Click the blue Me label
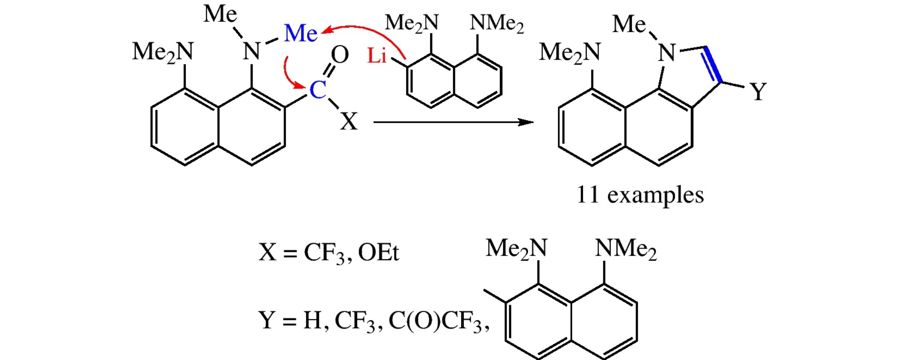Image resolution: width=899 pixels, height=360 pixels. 301,33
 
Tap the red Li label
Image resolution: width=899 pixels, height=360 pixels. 377,56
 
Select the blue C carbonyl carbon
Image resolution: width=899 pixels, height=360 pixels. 318,89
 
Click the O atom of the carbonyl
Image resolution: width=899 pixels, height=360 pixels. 340,54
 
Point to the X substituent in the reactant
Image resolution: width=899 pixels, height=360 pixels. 349,121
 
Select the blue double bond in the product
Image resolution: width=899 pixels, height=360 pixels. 713,65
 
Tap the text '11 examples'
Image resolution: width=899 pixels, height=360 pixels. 640,195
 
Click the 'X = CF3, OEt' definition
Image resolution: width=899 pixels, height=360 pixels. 329,253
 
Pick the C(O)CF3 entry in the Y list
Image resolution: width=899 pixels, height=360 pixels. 435,321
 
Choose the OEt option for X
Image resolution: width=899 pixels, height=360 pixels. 379,253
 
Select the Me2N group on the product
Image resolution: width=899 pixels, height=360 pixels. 570,53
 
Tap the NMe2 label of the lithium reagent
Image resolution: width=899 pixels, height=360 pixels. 496,23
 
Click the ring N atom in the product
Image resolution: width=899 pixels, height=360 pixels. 667,53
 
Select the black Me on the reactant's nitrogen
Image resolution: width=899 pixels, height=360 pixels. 220,14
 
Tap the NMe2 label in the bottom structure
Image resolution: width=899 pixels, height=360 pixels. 626,249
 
